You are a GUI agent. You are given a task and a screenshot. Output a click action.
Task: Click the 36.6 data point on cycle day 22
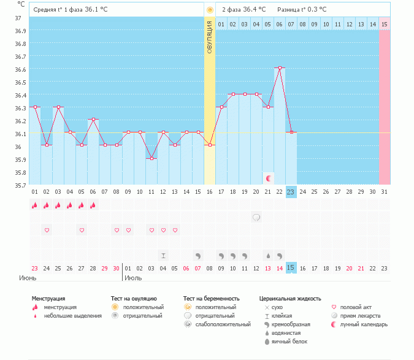tap(280, 68)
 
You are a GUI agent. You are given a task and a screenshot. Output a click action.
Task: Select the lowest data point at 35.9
tap(151, 158)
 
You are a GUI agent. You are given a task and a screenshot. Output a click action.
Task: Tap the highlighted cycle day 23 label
tap(291, 192)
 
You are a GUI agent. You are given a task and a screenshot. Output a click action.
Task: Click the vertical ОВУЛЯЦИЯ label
tap(210, 37)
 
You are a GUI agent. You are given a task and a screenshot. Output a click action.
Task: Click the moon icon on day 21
tap(268, 178)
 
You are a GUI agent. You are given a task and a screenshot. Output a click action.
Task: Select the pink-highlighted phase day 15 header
tap(384, 24)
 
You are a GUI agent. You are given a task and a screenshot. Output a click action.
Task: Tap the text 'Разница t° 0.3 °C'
tap(302, 10)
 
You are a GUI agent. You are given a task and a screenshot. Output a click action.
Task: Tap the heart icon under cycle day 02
tap(47, 230)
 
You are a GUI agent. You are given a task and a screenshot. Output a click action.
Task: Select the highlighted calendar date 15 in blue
tap(291, 268)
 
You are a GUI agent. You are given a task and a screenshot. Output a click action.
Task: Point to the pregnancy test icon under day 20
tap(256, 218)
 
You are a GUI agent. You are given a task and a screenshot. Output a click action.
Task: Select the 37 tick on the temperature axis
tap(18, 18)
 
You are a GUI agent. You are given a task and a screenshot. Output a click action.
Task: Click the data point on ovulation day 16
tap(210, 145)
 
